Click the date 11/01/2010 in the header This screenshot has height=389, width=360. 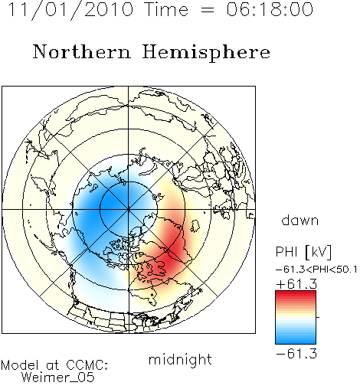click(71, 10)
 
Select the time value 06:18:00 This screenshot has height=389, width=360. click(270, 9)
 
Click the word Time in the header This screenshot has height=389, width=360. click(166, 9)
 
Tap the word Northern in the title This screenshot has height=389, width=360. click(82, 51)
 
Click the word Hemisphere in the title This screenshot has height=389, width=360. click(206, 53)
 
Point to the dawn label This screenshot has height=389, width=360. click(300, 220)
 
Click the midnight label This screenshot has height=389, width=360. click(180, 360)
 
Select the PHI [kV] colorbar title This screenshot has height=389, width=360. click(304, 252)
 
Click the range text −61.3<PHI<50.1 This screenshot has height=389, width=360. click(316, 270)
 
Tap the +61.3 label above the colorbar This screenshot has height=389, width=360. click(296, 284)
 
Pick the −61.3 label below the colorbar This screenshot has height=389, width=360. click(296, 354)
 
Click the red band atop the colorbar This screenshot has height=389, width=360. click(296, 295)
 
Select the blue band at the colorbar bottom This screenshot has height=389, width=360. click(296, 339)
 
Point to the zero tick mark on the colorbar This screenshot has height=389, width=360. click(318, 317)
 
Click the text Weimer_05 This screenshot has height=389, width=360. click(58, 378)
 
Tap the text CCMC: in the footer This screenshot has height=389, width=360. click(87, 365)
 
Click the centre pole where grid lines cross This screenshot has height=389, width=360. click(129, 210)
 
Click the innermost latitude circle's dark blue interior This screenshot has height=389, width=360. click(113, 201)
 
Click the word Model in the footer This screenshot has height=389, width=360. click(20, 365)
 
